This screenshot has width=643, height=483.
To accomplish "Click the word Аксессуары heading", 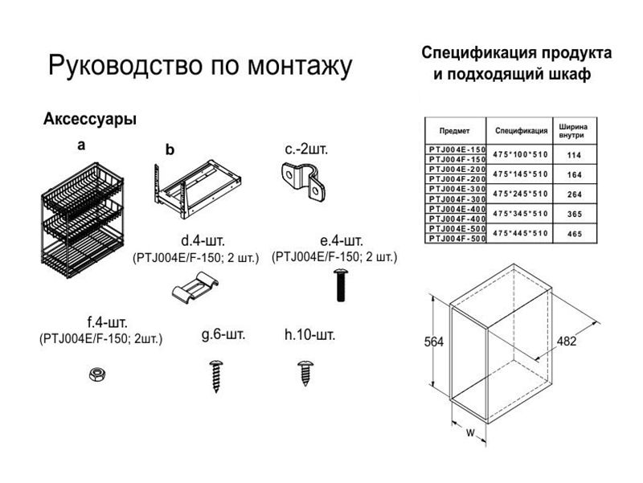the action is (x=90, y=119).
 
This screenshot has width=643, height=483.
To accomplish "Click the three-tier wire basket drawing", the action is (x=83, y=220).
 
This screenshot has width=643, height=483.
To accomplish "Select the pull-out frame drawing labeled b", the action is (x=197, y=188).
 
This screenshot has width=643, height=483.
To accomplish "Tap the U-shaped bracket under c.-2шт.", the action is (x=303, y=182).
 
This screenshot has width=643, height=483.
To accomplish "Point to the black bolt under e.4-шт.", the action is (x=340, y=285).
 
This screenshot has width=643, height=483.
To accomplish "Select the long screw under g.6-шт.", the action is (x=215, y=376).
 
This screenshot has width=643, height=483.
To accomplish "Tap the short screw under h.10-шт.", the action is (x=305, y=373).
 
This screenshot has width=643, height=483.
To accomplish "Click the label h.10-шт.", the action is (x=310, y=335).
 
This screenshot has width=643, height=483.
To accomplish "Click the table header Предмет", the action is (x=454, y=131).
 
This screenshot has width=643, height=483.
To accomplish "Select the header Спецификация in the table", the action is (x=521, y=131).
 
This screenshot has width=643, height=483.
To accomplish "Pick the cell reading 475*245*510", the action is (x=520, y=194).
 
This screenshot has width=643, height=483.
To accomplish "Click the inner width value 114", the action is (x=575, y=155).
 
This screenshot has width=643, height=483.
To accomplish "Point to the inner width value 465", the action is (x=575, y=234).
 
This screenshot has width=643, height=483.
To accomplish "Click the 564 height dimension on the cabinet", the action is (x=434, y=342).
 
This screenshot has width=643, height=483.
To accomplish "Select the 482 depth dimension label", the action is (x=567, y=341).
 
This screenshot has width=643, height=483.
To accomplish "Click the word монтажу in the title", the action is (x=300, y=66).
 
